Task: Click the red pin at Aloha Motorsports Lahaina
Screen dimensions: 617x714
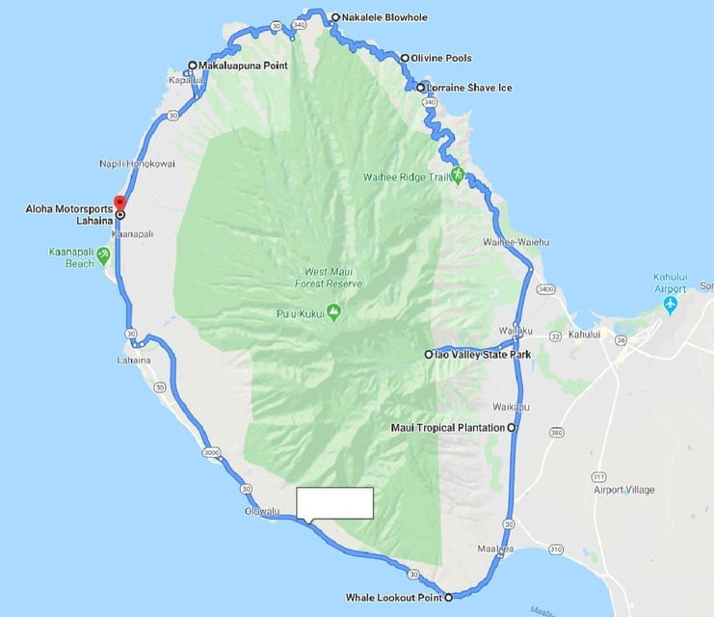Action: (x=119, y=203)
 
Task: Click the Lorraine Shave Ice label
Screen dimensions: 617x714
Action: (x=469, y=88)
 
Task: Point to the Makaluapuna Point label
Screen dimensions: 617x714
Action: (x=243, y=66)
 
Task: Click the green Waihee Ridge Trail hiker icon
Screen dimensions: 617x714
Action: (x=458, y=175)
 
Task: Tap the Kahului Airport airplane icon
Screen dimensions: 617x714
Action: (x=671, y=305)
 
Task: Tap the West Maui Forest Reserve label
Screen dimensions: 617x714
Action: (x=330, y=278)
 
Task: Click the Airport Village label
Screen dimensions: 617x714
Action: (x=624, y=490)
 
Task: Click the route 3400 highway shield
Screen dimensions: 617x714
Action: (x=547, y=288)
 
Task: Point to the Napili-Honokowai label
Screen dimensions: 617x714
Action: (x=137, y=164)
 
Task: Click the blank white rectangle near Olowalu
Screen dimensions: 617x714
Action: (x=334, y=503)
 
